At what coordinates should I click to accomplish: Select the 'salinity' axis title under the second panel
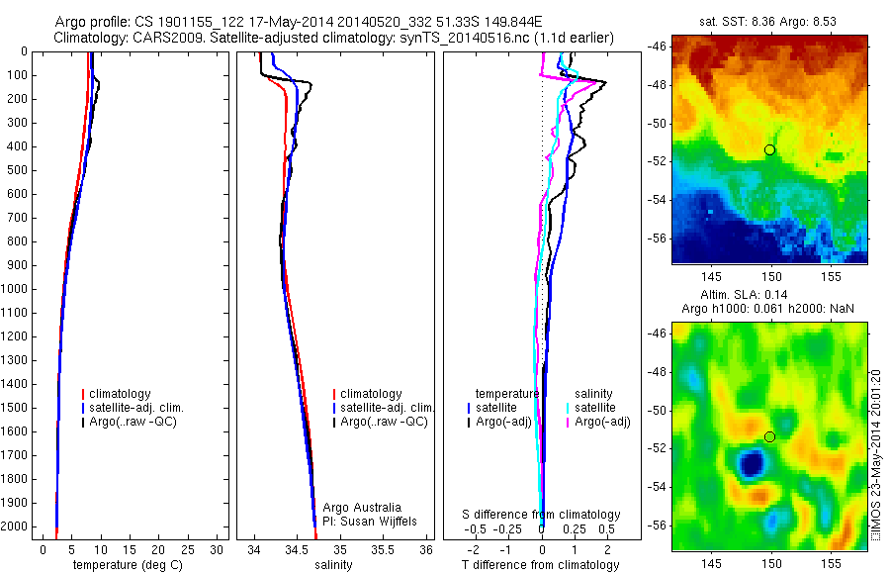pos(332,565)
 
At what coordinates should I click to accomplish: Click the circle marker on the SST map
pos(769,149)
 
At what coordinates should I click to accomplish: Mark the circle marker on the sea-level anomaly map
pos(769,436)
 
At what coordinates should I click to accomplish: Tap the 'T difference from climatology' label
pos(541,565)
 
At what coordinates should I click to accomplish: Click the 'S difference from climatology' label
pos(542,515)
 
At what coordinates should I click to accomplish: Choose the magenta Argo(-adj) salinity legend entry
pos(596,422)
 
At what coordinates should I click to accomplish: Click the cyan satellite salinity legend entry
pos(595,408)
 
